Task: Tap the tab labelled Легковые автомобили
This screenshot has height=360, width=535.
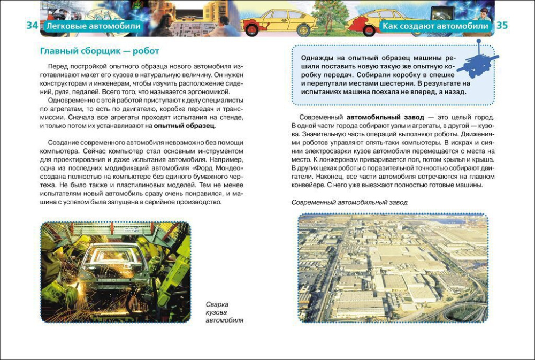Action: tap(93, 26)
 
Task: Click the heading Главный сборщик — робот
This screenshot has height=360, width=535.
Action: tap(100, 51)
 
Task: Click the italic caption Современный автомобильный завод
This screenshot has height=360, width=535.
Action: tap(349, 202)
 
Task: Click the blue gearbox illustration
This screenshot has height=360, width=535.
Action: tap(478, 61)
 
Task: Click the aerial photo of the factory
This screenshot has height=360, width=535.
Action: tap(393, 268)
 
